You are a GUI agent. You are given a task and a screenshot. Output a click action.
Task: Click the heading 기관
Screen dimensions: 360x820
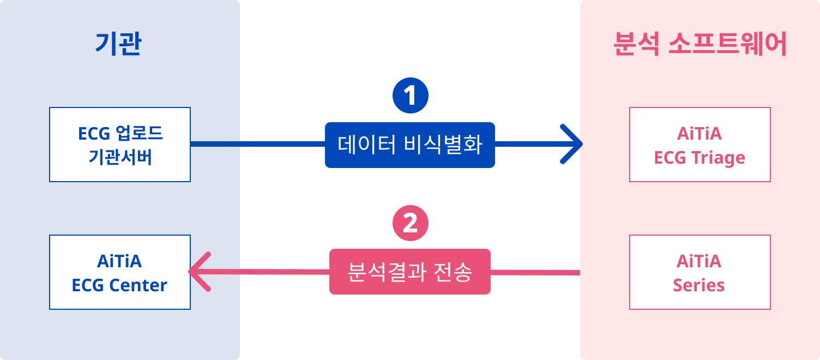point(118,45)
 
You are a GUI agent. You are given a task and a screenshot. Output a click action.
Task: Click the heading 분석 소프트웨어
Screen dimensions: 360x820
point(700,45)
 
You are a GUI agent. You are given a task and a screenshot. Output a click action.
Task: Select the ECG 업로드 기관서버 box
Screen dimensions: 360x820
point(120,145)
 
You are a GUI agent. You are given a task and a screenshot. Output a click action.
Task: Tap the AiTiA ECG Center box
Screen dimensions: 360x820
point(120,272)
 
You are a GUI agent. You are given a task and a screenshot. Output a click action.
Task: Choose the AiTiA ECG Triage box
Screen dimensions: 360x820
point(700,145)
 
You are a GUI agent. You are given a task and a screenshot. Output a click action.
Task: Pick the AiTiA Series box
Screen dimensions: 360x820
point(700,272)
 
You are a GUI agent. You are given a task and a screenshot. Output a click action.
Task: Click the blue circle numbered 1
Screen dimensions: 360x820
point(411,96)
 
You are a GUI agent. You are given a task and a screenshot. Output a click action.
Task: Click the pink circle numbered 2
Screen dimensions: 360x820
point(411,223)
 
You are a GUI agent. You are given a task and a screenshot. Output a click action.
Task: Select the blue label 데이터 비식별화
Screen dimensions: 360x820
point(410,145)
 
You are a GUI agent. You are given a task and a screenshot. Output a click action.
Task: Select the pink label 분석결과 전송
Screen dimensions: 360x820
point(410,272)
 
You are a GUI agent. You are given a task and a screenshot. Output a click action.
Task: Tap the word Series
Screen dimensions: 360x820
point(699,285)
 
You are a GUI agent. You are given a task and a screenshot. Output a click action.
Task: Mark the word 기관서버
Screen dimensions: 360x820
point(120,158)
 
